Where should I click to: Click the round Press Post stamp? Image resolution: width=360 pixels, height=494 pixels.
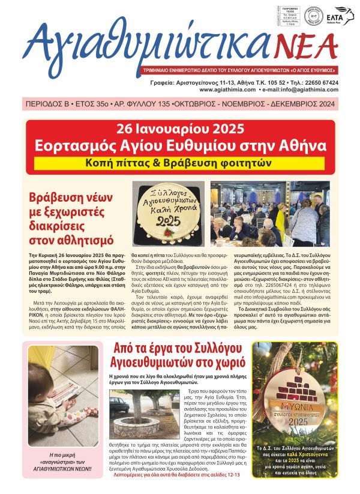tap(313, 16)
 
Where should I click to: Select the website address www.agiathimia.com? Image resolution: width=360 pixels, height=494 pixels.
tap(222, 89)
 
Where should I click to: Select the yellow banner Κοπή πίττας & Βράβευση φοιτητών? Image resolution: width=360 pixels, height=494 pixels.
tap(180, 163)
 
